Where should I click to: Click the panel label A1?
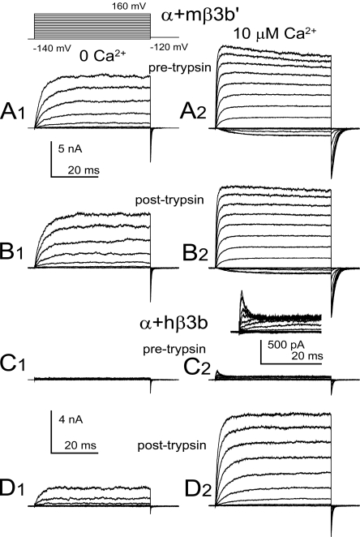13,111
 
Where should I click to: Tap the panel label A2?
193,111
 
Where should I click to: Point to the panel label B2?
195,252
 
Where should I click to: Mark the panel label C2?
197,367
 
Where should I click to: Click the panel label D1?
12,488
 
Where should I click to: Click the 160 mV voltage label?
129,6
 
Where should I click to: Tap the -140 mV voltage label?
52,49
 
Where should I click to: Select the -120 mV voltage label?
169,47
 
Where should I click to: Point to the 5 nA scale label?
71,149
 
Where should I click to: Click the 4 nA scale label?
71,419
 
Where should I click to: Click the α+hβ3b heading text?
174,323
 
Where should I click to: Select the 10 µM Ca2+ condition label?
275,34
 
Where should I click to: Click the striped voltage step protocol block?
92,26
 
